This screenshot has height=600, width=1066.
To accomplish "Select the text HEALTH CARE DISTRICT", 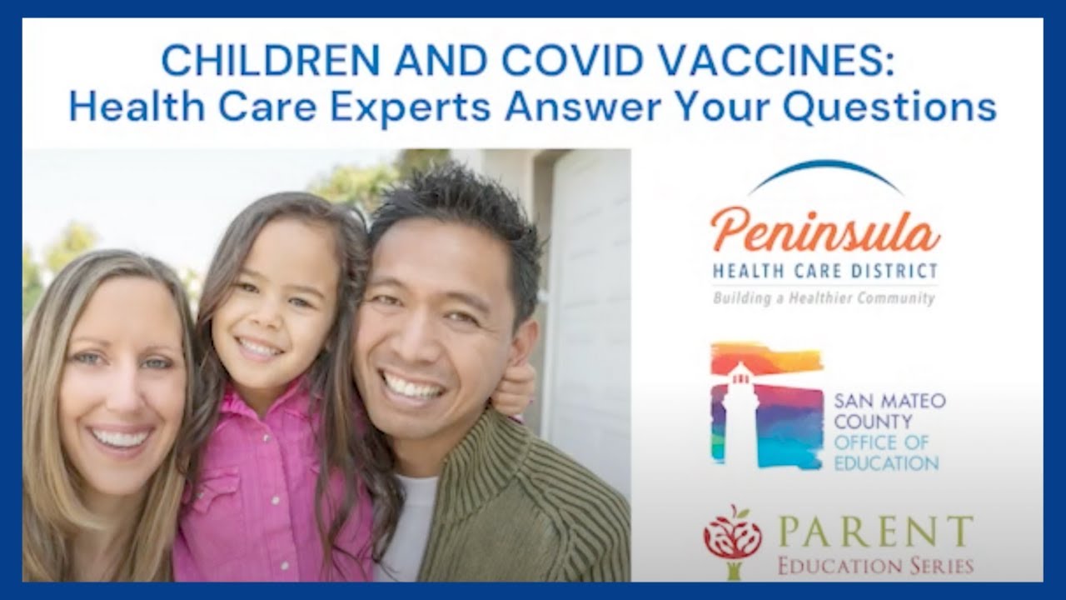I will click(824, 272).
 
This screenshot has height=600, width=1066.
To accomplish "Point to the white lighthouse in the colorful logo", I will click(738, 408).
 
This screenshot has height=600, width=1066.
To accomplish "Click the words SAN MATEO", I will click(889, 401).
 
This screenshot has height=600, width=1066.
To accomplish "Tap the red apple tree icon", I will click(733, 538).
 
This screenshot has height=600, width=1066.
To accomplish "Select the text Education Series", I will click(874, 566).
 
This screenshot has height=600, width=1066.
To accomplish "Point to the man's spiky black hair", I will click(454, 208).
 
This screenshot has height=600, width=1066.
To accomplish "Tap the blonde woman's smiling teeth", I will click(120, 437).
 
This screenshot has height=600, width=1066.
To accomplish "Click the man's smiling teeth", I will click(412, 387).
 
